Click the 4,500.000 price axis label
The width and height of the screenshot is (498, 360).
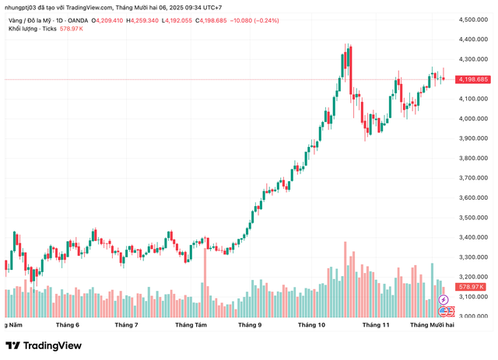(473, 19)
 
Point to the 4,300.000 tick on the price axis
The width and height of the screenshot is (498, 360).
(473, 59)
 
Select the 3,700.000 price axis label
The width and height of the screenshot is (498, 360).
(473, 178)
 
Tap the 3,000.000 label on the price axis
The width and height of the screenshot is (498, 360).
(473, 316)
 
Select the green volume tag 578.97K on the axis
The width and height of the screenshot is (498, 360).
(472, 287)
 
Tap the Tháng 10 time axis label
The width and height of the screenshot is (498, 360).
(311, 325)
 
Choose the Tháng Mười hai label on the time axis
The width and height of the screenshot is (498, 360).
(433, 325)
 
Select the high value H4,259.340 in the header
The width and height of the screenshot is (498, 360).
(154, 19)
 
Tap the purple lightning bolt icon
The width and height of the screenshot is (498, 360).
(444, 299)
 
